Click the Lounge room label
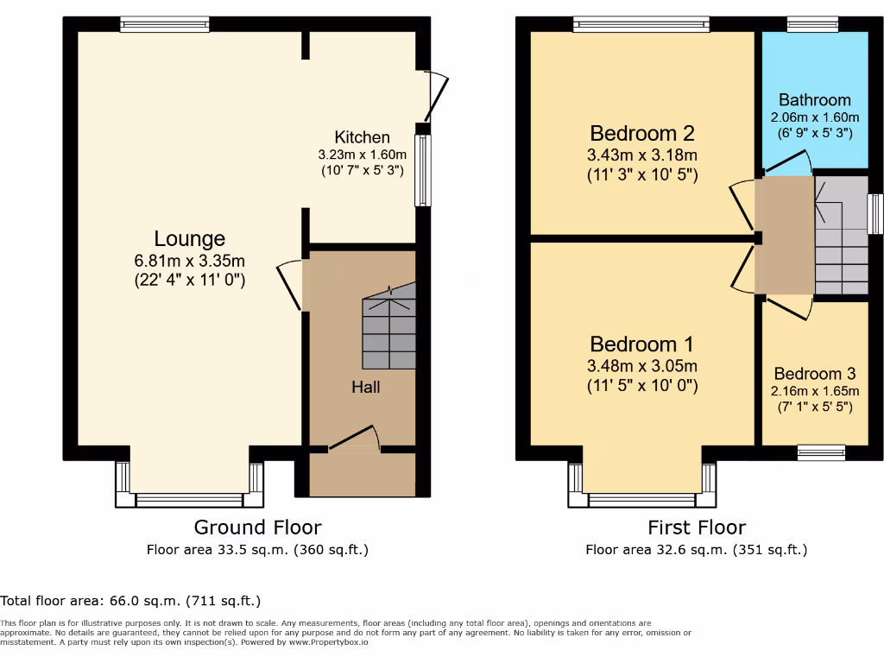[189, 239]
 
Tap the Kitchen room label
[362, 137]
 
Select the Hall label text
[365, 387]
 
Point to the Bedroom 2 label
[642, 134]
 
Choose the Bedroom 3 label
[814, 374]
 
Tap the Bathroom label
[814, 100]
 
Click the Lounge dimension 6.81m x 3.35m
[189, 261]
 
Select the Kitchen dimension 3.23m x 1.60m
[362, 155]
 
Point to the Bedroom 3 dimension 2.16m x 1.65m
[814, 390]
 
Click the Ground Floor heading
[257, 527]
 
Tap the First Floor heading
[696, 527]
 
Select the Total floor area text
[130, 601]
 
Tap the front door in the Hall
[354, 439]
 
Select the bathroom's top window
[812, 25]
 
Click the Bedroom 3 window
[821, 451]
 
